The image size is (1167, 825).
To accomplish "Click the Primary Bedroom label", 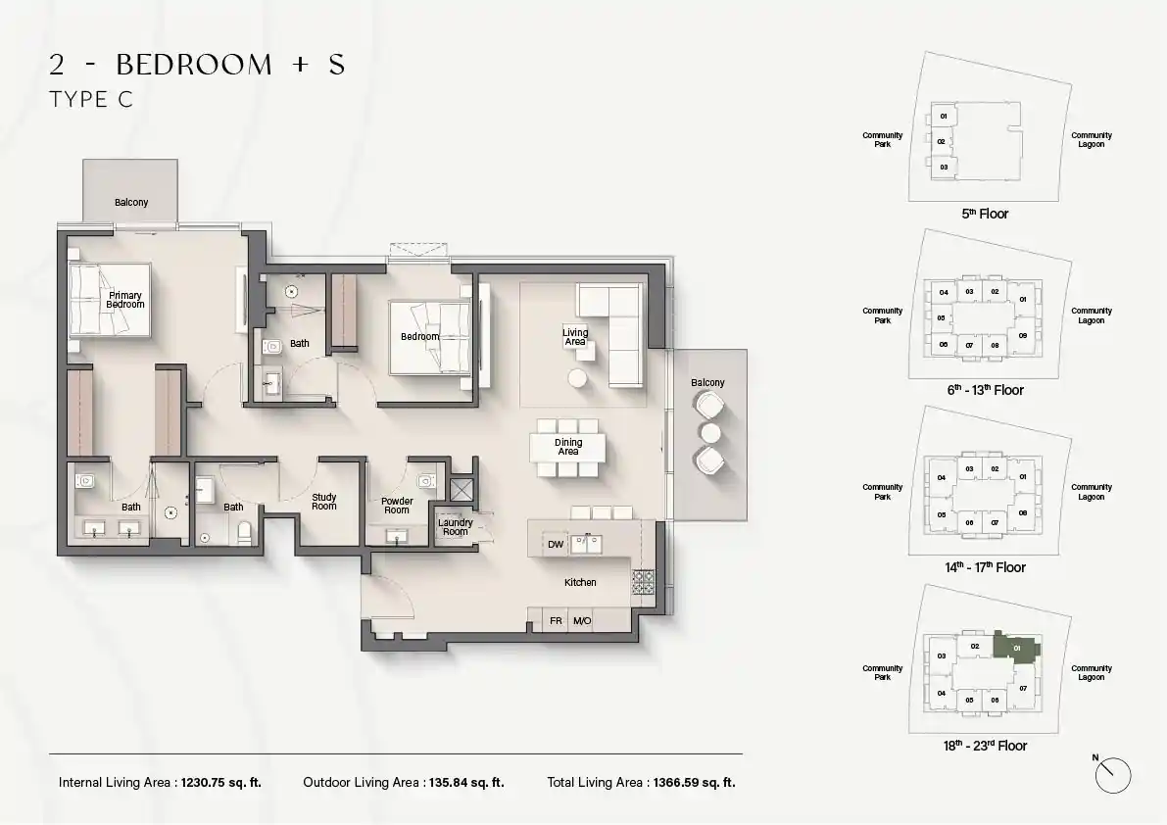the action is pos(125,300).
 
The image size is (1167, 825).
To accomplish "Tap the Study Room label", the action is pos(323,502).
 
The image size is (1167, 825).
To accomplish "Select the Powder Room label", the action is pos(397,506).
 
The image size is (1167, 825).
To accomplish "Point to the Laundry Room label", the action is pos(456,527).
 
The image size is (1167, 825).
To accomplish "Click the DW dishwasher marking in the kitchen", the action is pos(556,545).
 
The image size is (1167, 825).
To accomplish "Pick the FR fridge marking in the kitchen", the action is pos(556,620).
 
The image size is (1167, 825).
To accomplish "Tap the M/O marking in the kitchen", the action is pos(582,620).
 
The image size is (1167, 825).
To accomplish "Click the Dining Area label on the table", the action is pos(568,447).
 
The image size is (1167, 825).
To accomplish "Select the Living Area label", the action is pos(574,337).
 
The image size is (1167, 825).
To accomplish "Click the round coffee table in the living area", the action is pos(577,378).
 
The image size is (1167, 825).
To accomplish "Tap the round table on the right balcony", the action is pos(710,432).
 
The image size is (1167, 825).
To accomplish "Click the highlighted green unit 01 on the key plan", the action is pos(1017,646).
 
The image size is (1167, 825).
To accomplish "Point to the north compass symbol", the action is pos(1113,775).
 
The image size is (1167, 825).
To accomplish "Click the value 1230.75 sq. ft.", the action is pos(221,783).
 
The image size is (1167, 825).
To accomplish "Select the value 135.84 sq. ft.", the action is pos(466,783).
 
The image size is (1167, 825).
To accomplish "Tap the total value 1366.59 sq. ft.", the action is pos(695,783).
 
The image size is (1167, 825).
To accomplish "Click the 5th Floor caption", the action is pos(985,214).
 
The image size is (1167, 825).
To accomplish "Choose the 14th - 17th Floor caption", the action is pos(986,567).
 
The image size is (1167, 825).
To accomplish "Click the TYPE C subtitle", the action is pos(91,100).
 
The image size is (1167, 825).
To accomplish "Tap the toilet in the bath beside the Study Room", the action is pos(244,532).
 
